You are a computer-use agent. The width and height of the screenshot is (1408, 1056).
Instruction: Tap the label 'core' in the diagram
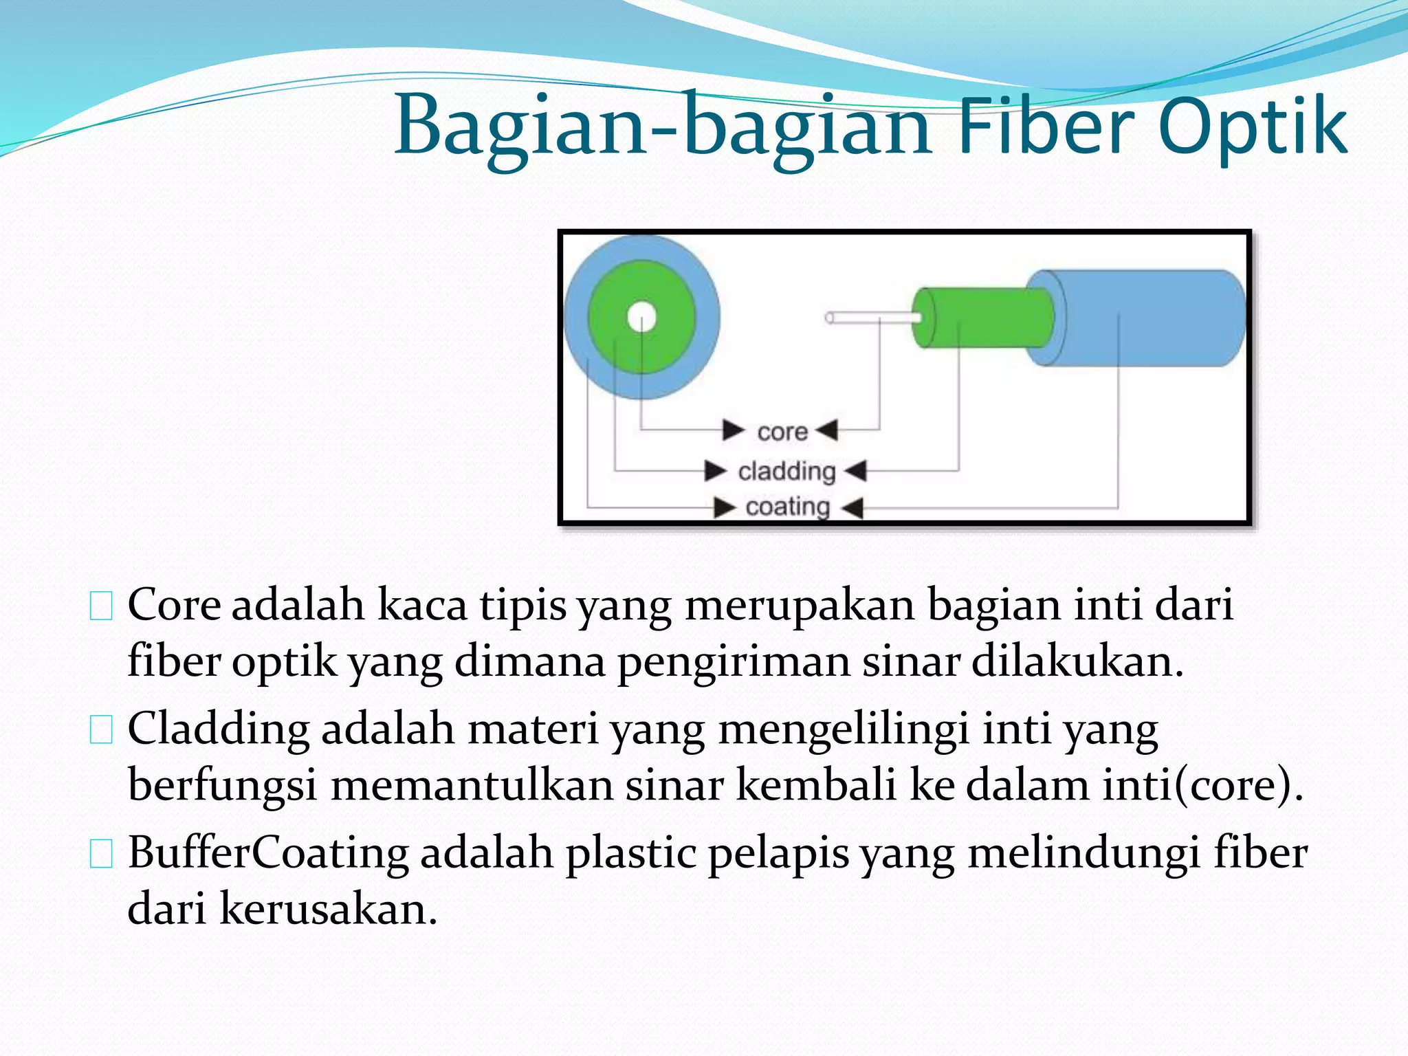[782, 432]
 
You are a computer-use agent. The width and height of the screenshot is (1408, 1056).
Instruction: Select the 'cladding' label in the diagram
[786, 472]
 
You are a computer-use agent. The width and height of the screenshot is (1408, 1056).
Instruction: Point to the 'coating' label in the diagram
[788, 507]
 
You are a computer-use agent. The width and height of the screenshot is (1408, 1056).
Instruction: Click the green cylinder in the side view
[983, 318]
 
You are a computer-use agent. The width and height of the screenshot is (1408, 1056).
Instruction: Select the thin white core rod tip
[830, 318]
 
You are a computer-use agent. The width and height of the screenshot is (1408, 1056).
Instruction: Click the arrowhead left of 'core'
[733, 430]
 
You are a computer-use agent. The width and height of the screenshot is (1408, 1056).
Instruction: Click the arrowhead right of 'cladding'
[855, 472]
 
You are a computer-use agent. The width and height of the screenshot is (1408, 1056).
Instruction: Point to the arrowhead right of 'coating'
[852, 509]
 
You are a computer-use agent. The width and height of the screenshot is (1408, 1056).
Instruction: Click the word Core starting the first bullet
[174, 605]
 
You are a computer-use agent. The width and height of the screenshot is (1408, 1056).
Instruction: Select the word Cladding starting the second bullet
[218, 729]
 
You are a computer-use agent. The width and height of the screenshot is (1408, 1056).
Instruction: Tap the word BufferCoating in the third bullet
[268, 853]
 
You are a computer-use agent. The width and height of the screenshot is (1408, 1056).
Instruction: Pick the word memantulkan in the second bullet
[472, 784]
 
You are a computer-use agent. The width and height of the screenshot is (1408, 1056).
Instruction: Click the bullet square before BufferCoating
[101, 854]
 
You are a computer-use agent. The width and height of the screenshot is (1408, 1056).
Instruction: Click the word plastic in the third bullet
[630, 853]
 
